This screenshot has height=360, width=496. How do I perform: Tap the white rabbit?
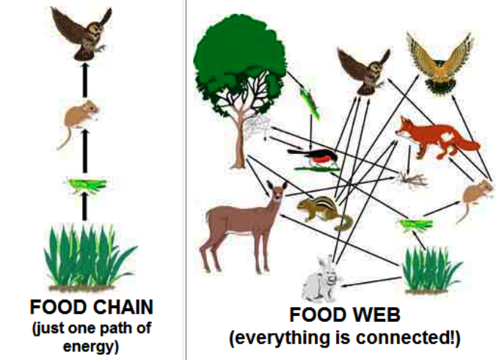[x=322, y=278]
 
